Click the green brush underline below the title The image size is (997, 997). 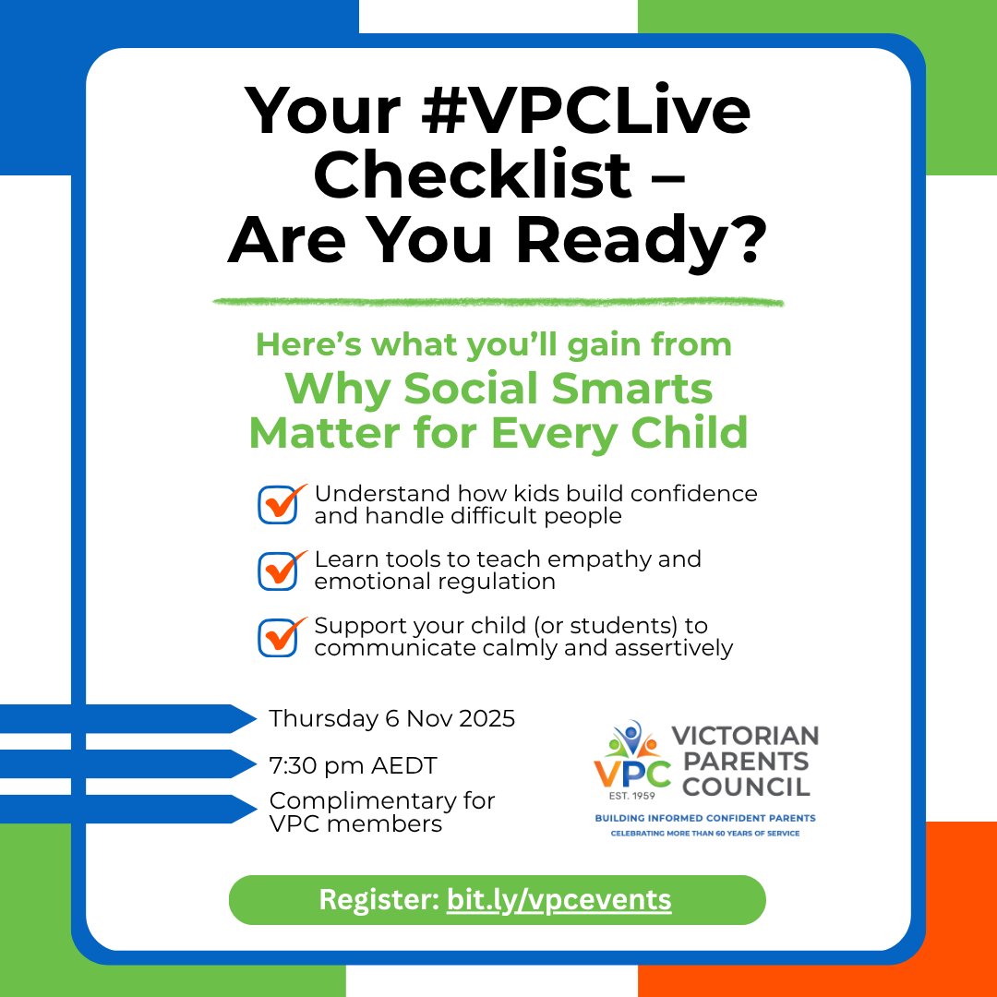498,302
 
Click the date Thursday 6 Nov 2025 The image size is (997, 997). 391,718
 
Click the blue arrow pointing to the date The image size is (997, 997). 129,718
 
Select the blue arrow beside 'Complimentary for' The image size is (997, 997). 129,809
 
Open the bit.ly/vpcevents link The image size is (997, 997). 559,899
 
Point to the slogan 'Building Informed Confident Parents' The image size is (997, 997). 703,818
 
